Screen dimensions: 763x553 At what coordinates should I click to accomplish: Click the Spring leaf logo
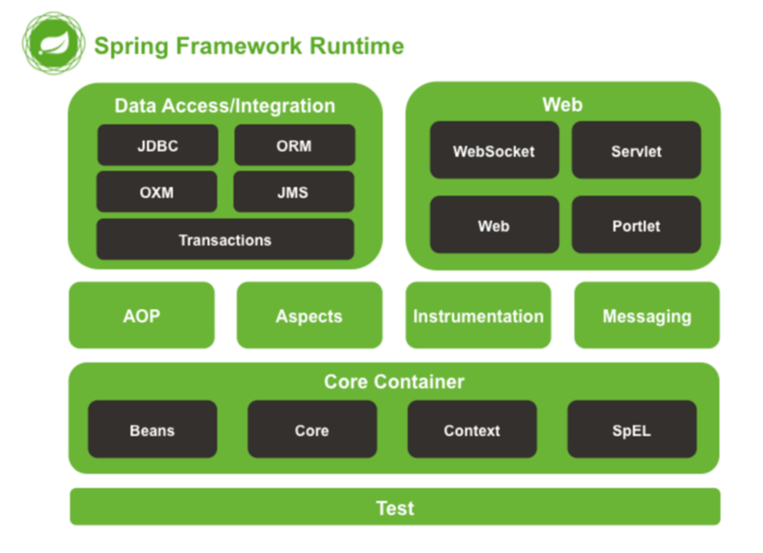53,43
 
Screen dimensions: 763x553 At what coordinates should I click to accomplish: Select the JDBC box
158,145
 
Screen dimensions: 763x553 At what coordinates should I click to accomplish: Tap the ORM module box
294,145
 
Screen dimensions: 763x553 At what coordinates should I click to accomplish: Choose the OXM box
157,192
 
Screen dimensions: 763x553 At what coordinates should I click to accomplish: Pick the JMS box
294,192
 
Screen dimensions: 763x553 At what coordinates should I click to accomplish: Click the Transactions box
226,240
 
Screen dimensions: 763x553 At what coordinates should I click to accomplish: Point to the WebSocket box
494,150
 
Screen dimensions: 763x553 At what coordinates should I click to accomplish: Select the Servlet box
637,150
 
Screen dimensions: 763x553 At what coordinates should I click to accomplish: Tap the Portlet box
637,225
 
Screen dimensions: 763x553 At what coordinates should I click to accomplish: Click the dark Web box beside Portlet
494,225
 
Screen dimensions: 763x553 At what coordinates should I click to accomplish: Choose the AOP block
142,316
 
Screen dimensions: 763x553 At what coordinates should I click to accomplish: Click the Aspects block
310,316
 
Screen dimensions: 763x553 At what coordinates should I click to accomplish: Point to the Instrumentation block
478,316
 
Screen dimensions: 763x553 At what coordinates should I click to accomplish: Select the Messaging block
647,316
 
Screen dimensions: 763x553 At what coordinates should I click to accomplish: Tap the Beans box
153,430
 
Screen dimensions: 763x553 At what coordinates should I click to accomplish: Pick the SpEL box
632,430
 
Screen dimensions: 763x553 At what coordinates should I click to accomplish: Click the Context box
472,430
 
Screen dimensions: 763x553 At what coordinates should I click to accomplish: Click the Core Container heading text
394,381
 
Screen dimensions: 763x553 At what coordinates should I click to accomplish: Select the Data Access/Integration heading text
225,106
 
